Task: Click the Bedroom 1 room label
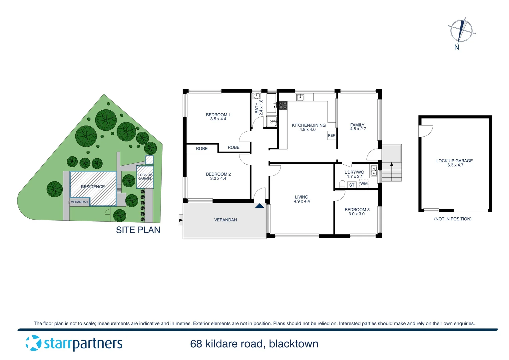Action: tap(218, 115)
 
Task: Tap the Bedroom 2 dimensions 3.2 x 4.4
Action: tap(218, 179)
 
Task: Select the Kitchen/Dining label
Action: tap(308, 125)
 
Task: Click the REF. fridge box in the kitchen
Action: tap(331, 135)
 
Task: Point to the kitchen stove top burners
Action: tap(283, 106)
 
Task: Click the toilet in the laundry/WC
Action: tap(342, 184)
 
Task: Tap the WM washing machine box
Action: tap(364, 184)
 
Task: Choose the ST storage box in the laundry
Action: tap(352, 185)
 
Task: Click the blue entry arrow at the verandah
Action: tap(259, 206)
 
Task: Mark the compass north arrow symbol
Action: tap(461, 31)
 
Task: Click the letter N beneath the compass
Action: tap(457, 47)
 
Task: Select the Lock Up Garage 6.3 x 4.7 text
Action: tap(455, 163)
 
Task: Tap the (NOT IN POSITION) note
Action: tap(453, 219)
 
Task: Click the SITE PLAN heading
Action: tap(138, 230)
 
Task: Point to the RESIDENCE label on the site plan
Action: tap(93, 187)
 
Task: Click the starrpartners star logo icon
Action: tap(33, 343)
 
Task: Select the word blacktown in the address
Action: tap(293, 344)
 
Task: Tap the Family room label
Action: tap(357, 125)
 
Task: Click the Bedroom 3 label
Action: tap(357, 210)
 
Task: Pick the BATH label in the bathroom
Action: tap(257, 108)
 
